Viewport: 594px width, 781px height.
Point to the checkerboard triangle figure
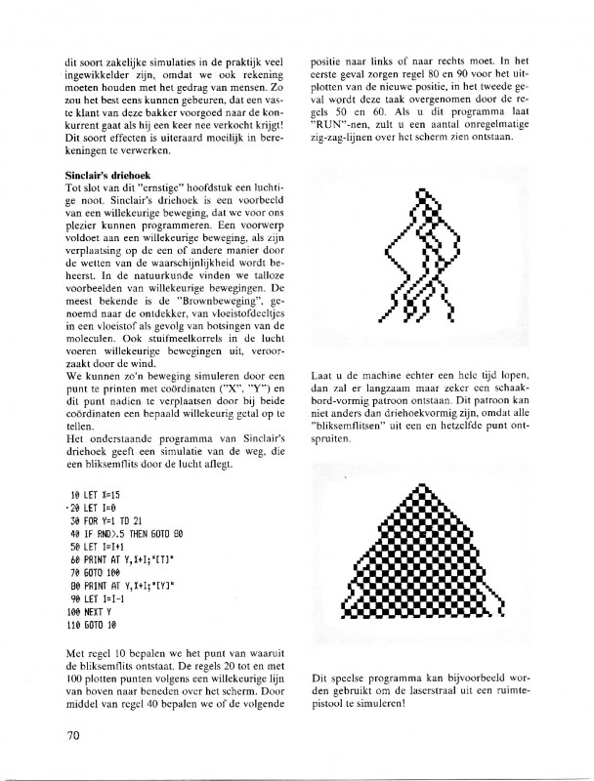click(x=419, y=560)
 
